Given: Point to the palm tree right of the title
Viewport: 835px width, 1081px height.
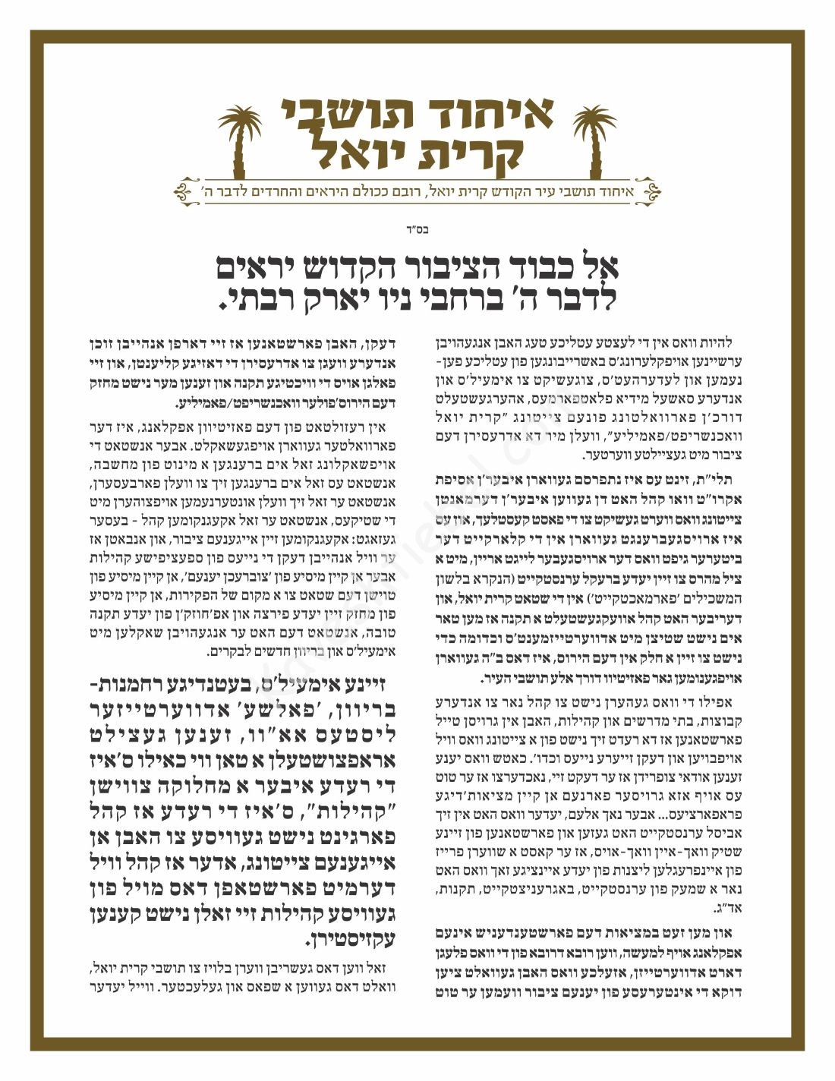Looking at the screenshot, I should [594, 141].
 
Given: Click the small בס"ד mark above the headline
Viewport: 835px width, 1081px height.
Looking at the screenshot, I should [417, 226].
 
